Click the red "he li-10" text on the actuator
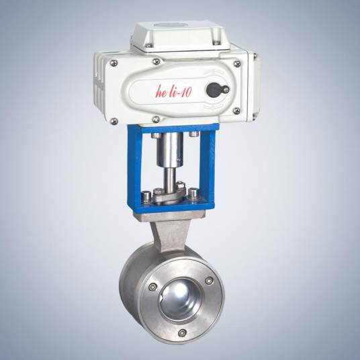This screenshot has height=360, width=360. pyautogui.click(x=173, y=91)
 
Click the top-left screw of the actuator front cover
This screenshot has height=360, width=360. pyautogui.click(x=114, y=62)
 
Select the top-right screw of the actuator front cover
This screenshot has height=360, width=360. pyautogui.click(x=236, y=63)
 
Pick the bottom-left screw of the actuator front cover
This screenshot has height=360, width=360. pyautogui.click(x=114, y=121)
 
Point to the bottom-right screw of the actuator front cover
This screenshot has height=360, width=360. pyautogui.click(x=236, y=111)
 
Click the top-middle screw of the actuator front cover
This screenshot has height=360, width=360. pyautogui.click(x=156, y=61)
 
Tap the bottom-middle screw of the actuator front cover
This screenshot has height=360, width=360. pyautogui.click(x=156, y=119)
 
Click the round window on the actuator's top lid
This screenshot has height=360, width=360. pyautogui.click(x=172, y=25)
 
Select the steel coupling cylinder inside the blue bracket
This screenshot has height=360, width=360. pyautogui.click(x=170, y=150)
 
